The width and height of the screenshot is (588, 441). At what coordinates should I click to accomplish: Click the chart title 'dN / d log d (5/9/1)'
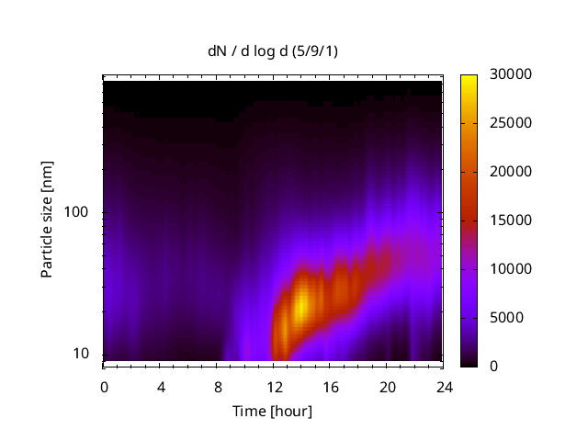tap(271, 51)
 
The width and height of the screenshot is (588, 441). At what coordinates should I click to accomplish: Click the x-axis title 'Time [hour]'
tap(271, 411)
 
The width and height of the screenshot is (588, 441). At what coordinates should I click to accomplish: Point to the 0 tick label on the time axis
tap(104, 386)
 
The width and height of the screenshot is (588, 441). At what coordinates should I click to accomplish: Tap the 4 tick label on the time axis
tap(161, 386)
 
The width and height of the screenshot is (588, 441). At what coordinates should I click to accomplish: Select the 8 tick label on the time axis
tap(217, 386)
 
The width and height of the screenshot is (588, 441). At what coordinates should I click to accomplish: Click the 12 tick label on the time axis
tap(273, 386)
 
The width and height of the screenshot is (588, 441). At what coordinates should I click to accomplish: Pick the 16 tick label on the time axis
tap(330, 386)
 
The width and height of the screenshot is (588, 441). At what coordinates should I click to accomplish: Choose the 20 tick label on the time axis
tap(386, 386)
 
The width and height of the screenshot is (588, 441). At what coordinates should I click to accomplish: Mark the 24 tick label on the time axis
tap(443, 386)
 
